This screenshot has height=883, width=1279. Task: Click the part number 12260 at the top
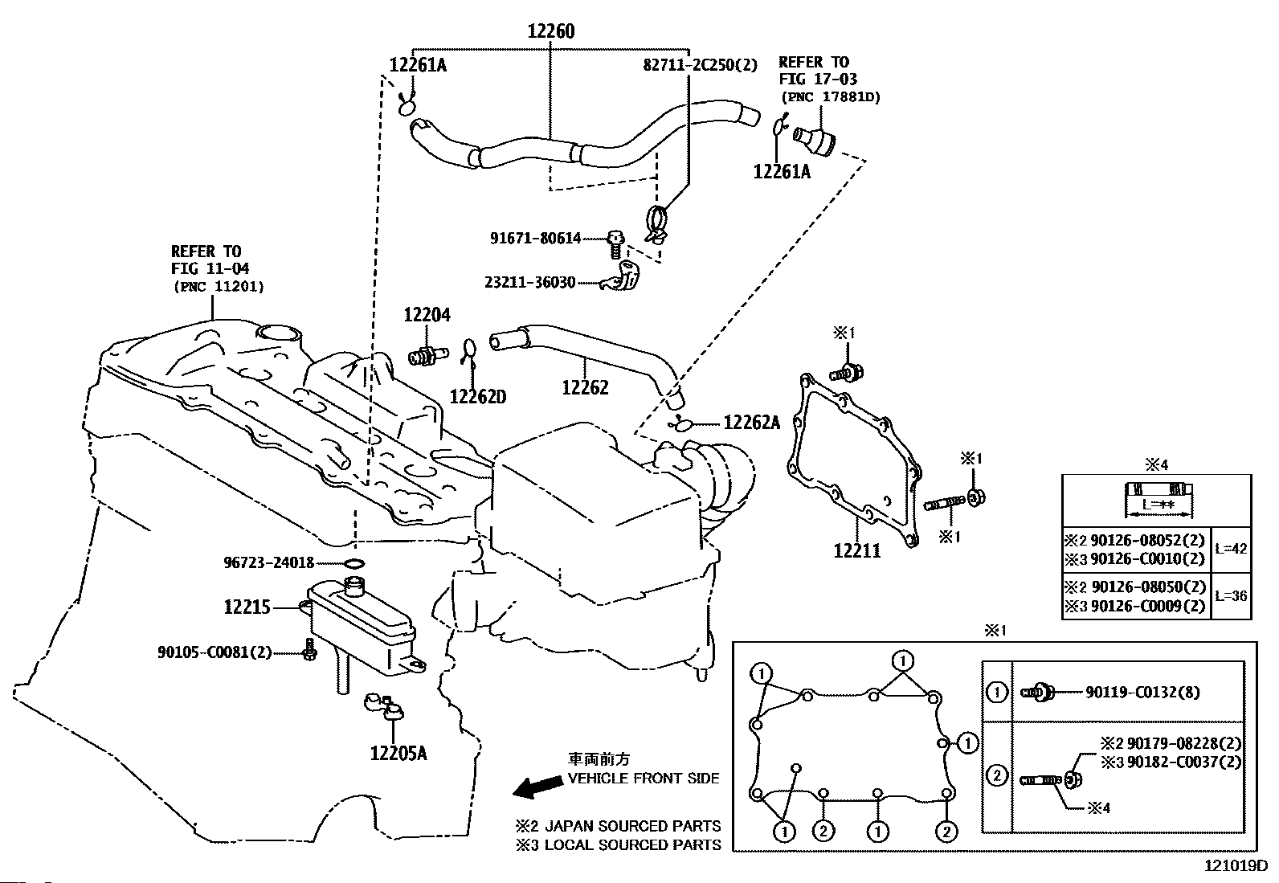pos(551,32)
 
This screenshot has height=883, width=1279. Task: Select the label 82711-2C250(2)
pos(700,66)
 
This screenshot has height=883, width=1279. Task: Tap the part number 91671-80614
pos(536,238)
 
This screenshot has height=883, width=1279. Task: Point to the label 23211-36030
pos(530,283)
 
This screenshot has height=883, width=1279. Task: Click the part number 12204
pos(427,316)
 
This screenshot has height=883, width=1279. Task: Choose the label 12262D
pos(478,396)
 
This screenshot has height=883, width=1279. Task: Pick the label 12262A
pos(752,423)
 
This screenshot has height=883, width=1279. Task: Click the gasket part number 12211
pos(856,551)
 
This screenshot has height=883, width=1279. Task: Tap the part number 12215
pos(247,608)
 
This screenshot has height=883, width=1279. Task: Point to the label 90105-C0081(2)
pos(214,652)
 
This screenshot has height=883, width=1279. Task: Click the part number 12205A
pos(398,753)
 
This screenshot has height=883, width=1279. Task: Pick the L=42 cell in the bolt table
pos(1231,550)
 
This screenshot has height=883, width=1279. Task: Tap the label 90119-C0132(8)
pos(1142,692)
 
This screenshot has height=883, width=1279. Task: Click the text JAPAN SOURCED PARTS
pos(632,826)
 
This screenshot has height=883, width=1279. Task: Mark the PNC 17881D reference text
pos(830,97)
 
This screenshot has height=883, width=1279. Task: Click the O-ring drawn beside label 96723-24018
pos(354,562)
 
